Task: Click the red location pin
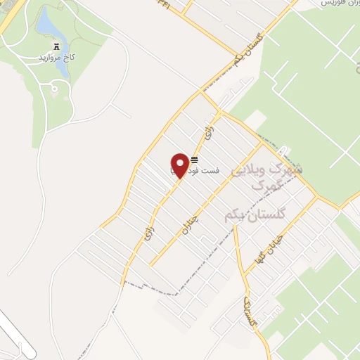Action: pos(180,165)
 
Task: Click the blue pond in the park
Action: pos(47,25)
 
